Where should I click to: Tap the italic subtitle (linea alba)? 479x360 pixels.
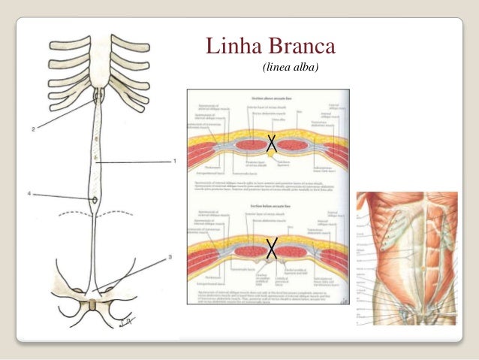290,68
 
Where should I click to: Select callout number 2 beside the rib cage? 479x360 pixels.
33,129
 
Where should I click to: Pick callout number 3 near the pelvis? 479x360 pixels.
170,257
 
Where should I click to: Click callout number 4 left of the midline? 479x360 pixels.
30,194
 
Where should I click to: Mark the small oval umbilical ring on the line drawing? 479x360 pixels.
95,199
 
